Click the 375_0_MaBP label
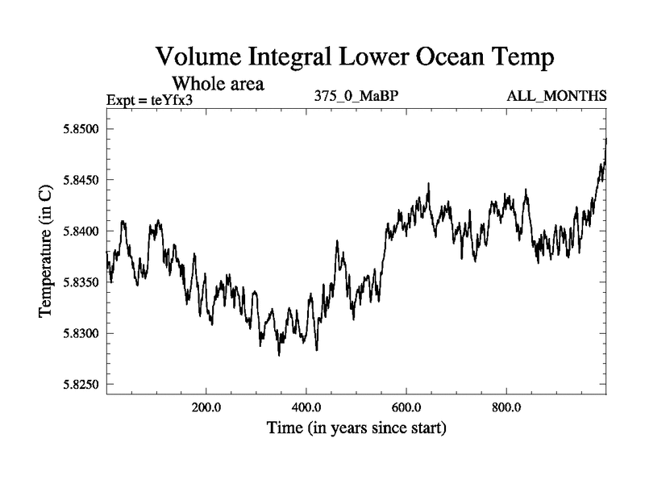click(x=357, y=96)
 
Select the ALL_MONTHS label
click(x=556, y=96)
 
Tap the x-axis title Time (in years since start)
click(x=356, y=428)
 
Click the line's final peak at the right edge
click(x=605, y=140)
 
